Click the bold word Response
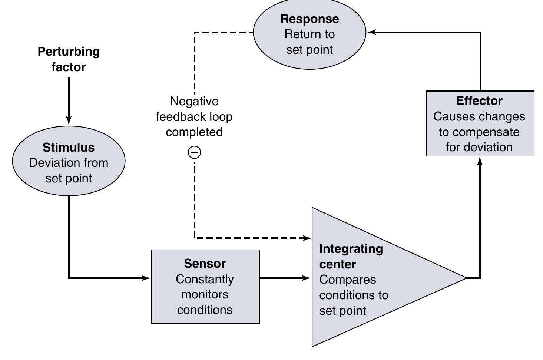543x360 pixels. click(309, 19)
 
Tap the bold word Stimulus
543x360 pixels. click(69, 148)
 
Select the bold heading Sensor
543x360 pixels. click(205, 264)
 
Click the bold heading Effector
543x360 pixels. click(479, 101)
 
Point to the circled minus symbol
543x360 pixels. click(195, 152)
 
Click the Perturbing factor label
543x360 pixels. click(69, 59)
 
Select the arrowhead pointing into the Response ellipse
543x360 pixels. click(371, 32)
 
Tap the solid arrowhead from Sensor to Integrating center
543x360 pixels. click(307, 278)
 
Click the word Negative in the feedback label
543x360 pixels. click(194, 101)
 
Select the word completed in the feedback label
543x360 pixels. click(194, 132)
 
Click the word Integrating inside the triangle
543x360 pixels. click(351, 249)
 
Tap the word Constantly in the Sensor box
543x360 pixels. click(205, 279)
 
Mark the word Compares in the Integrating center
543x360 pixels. click(347, 280)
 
